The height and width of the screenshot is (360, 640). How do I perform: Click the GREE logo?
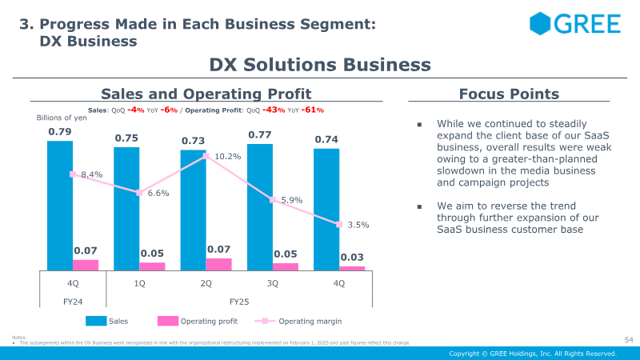click(574, 23)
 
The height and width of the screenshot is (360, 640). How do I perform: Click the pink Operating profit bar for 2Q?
click(219, 264)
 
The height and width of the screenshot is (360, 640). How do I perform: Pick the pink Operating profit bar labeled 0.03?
click(352, 268)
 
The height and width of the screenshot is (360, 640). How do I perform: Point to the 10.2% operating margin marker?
click(206, 156)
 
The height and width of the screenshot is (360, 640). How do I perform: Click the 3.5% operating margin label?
click(358, 226)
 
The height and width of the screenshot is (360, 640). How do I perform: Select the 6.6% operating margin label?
click(158, 193)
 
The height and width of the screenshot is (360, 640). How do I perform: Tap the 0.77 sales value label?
click(259, 135)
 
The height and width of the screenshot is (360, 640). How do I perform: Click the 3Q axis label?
click(273, 282)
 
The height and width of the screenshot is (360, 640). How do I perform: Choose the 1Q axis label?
click(140, 282)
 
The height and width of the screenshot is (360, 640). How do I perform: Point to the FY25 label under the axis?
click(240, 302)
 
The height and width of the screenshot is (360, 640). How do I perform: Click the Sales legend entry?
click(108, 321)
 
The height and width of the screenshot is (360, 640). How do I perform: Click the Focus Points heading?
click(509, 94)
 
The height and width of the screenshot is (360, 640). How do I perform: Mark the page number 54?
click(628, 341)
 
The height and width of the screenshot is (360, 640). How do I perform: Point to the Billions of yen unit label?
click(62, 118)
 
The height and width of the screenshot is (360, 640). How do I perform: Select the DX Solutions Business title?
click(320, 65)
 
